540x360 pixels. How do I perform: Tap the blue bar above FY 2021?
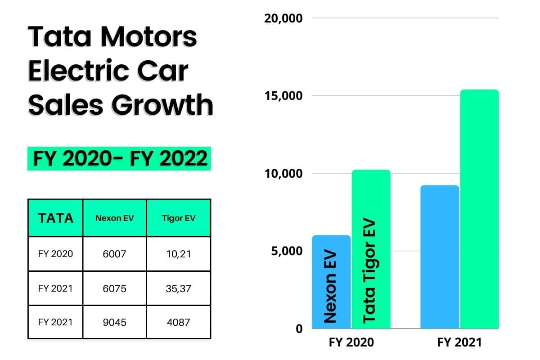coord(440,256)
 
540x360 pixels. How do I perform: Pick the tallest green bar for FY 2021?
coord(479,209)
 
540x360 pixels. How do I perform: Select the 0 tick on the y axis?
coord(299,328)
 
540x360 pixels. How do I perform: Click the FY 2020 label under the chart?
coord(351,342)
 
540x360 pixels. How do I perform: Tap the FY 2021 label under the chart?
coord(459,342)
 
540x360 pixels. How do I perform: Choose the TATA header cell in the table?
coord(55,218)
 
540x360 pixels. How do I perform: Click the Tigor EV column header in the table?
coord(179,218)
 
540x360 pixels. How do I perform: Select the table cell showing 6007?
coord(114,254)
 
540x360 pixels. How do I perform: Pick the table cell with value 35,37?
coord(179,288)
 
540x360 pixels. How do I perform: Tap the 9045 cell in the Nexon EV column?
coord(114,322)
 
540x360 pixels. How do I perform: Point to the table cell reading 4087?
coord(179,322)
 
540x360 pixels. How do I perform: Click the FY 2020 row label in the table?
coord(55,253)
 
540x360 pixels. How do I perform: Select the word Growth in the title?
coord(162,104)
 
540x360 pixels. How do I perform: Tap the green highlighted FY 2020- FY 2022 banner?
coord(119,158)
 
